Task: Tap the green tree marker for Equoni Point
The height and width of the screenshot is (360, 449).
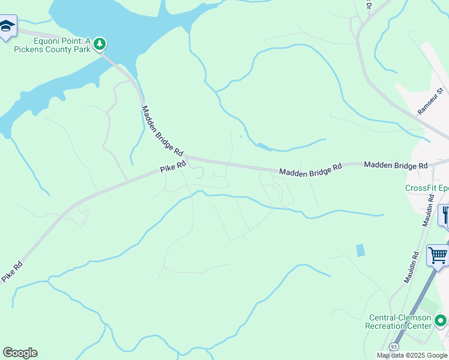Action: coord(100,43)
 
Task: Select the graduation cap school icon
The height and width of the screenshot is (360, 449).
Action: coord(7,26)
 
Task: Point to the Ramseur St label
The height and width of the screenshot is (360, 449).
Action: coord(430,102)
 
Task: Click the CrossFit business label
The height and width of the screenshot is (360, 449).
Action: coord(427,188)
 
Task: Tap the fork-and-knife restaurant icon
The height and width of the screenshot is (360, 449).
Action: coord(445,214)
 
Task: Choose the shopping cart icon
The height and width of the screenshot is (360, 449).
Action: coord(438,255)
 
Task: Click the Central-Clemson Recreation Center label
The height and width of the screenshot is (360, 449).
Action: coord(399,322)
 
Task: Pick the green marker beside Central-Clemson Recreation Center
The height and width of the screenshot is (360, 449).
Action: coord(441,321)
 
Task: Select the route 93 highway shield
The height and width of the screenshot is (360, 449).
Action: coord(394,347)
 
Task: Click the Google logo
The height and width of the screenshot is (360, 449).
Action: coord(20,353)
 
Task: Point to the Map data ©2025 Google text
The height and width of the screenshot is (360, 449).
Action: coord(412,355)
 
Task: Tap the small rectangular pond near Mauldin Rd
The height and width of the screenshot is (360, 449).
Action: coord(360,250)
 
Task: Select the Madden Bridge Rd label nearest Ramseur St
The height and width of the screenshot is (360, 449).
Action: coord(396,165)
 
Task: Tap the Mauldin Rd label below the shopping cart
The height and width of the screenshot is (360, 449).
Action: coord(411,268)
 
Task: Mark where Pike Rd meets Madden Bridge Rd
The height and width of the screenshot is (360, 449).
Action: coord(187,158)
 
